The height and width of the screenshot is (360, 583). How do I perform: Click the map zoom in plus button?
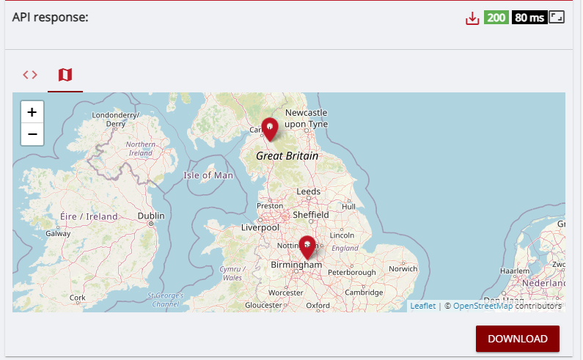32,112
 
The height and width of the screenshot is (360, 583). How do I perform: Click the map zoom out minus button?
32,135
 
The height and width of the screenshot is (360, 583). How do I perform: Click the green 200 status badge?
496,18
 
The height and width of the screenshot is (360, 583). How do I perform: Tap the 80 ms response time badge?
529,18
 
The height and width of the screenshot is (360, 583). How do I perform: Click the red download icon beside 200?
472,18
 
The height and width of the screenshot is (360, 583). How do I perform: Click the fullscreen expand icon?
557,18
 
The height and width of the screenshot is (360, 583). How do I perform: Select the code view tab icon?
30,75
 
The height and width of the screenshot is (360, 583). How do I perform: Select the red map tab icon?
65,75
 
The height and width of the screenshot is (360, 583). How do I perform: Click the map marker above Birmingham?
307,248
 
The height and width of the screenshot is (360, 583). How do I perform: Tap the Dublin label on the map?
151,216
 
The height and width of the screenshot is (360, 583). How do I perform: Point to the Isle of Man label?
208,175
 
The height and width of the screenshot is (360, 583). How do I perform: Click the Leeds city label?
308,191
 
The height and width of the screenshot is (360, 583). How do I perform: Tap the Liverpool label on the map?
262,227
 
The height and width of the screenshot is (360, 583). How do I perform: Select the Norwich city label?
403,268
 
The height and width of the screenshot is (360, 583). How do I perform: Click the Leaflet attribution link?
422,306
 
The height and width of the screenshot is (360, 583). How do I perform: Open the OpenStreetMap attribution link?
483,306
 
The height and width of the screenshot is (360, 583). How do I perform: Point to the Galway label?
58,233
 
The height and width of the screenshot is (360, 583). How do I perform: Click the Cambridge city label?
364,292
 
